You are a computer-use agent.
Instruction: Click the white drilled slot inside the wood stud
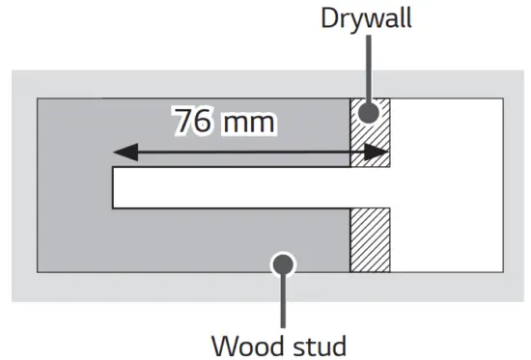click(x=232, y=188)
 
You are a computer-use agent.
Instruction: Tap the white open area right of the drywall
click(x=446, y=183)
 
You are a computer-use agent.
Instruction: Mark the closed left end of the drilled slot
click(x=114, y=188)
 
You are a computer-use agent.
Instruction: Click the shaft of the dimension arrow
click(x=251, y=152)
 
